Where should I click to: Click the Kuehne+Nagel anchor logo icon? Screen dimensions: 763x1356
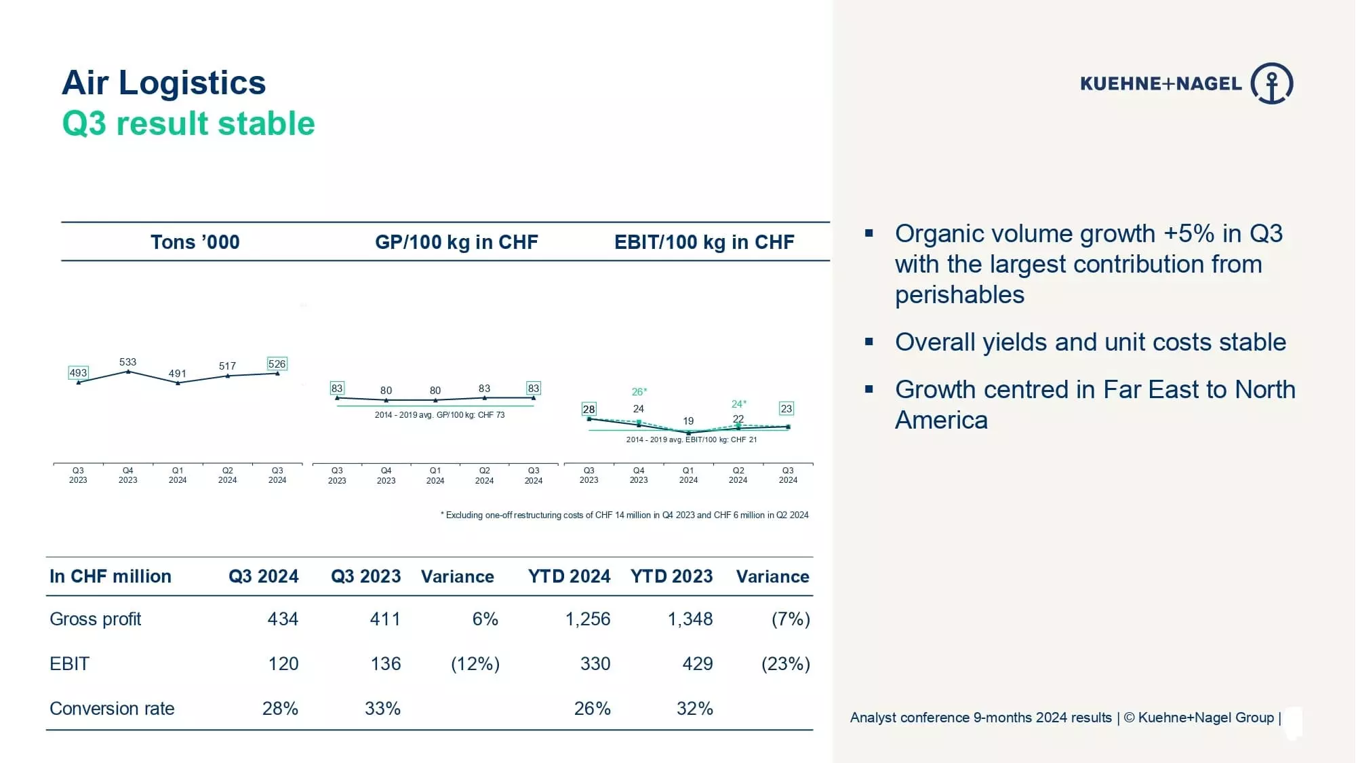1272,83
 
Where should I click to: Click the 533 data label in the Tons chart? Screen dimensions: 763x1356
127,362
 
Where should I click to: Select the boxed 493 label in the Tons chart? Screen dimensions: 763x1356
78,373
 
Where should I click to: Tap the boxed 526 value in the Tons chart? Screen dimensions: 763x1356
277,364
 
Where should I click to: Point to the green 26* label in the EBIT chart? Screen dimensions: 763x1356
639,392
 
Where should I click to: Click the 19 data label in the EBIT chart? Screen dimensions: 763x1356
688,421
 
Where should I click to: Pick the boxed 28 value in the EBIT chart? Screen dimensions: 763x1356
589,409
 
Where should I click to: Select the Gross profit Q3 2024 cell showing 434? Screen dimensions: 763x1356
283,619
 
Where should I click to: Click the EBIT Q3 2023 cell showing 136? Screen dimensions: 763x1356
385,664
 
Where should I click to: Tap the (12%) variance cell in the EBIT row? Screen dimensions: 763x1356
475,664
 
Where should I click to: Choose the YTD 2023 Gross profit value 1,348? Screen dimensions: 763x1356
690,619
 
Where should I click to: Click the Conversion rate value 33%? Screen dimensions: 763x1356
382,709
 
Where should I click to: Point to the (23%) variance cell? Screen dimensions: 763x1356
786,664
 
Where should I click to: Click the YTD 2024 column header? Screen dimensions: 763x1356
569,576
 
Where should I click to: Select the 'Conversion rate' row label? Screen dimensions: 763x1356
112,709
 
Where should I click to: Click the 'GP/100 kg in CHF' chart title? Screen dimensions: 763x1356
456,242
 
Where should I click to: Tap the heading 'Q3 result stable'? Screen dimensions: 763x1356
188,124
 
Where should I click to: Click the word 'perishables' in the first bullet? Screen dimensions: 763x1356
959,295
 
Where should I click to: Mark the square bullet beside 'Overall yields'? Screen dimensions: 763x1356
869,342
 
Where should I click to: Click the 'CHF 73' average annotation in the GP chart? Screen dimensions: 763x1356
491,415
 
